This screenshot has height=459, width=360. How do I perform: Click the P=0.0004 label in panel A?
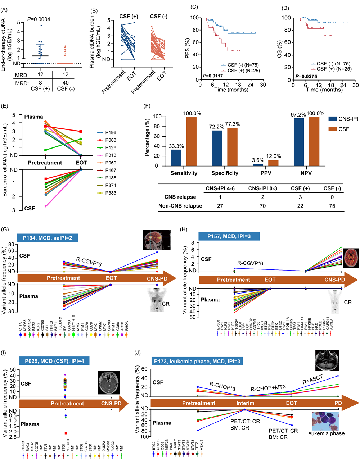coord(39,19)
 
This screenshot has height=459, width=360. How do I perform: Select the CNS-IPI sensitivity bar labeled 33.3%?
coord(176,158)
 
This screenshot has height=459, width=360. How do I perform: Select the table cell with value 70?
coord(262,206)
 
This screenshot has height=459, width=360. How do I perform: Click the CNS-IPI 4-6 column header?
coord(220,188)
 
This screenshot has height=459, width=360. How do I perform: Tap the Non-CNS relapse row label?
coord(180,206)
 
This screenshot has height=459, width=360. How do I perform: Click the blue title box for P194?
coord(48,238)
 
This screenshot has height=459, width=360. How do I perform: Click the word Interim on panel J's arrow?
coord(245,403)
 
